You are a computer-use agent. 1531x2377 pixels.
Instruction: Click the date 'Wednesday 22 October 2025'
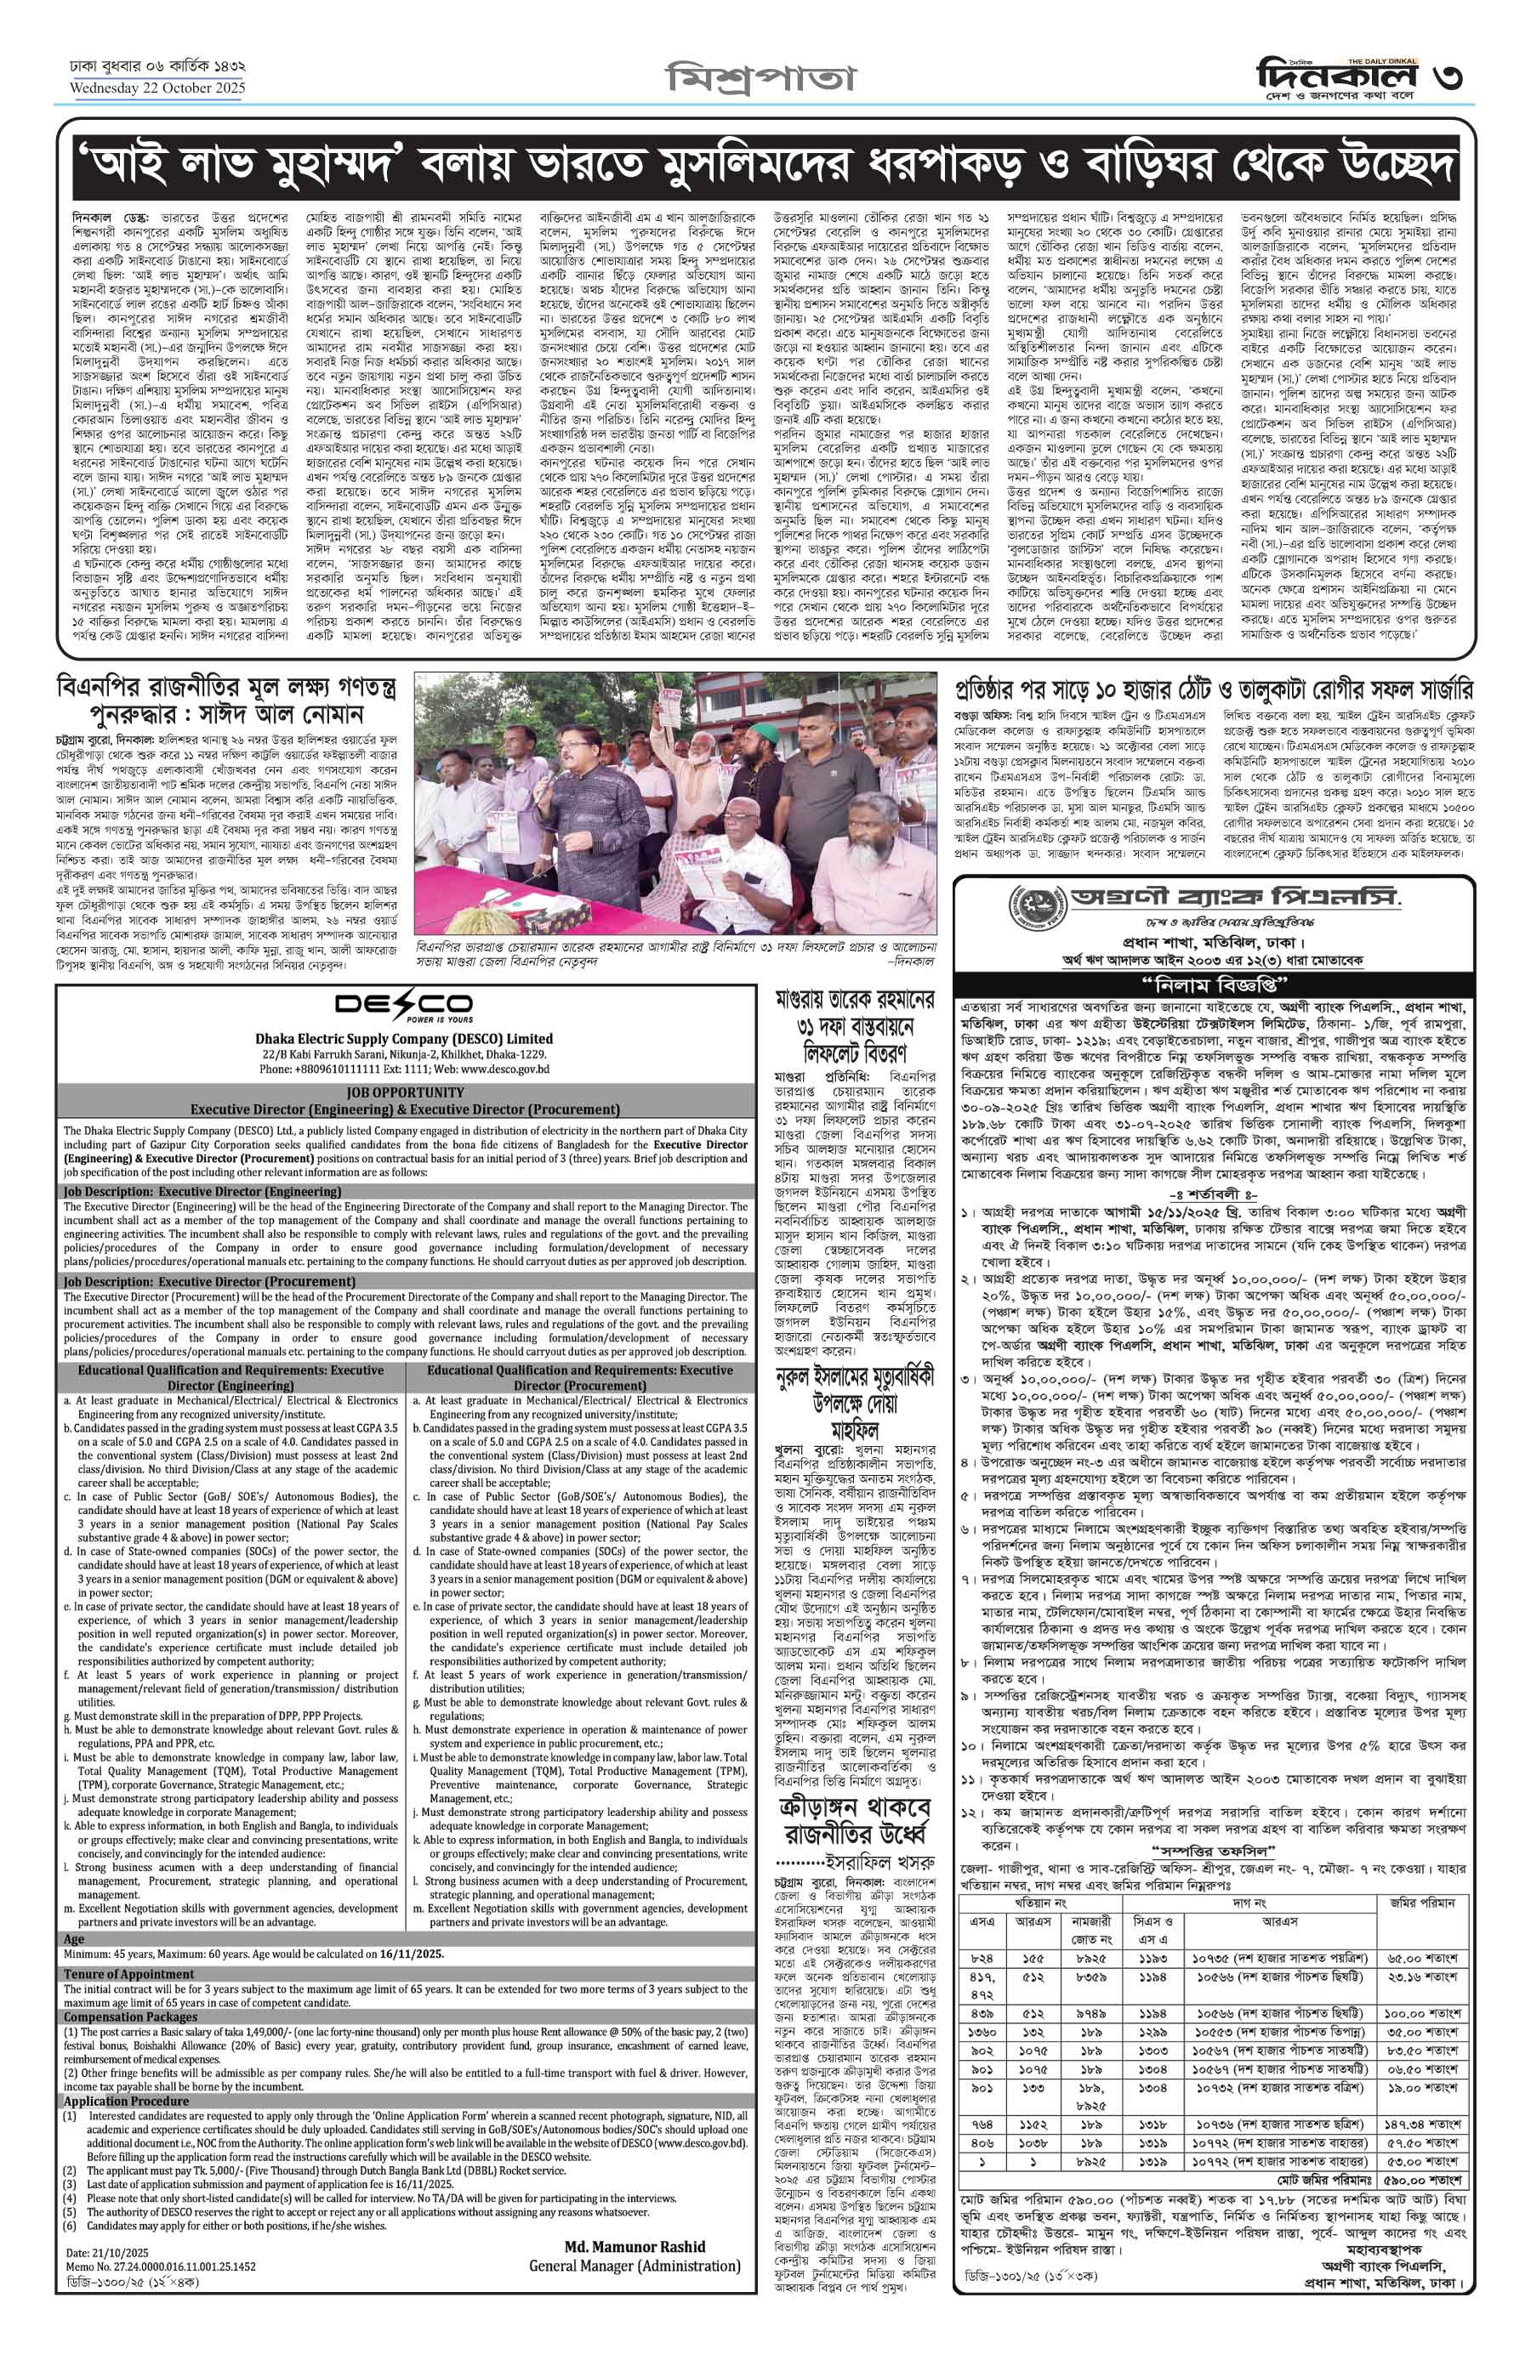coord(157,88)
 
